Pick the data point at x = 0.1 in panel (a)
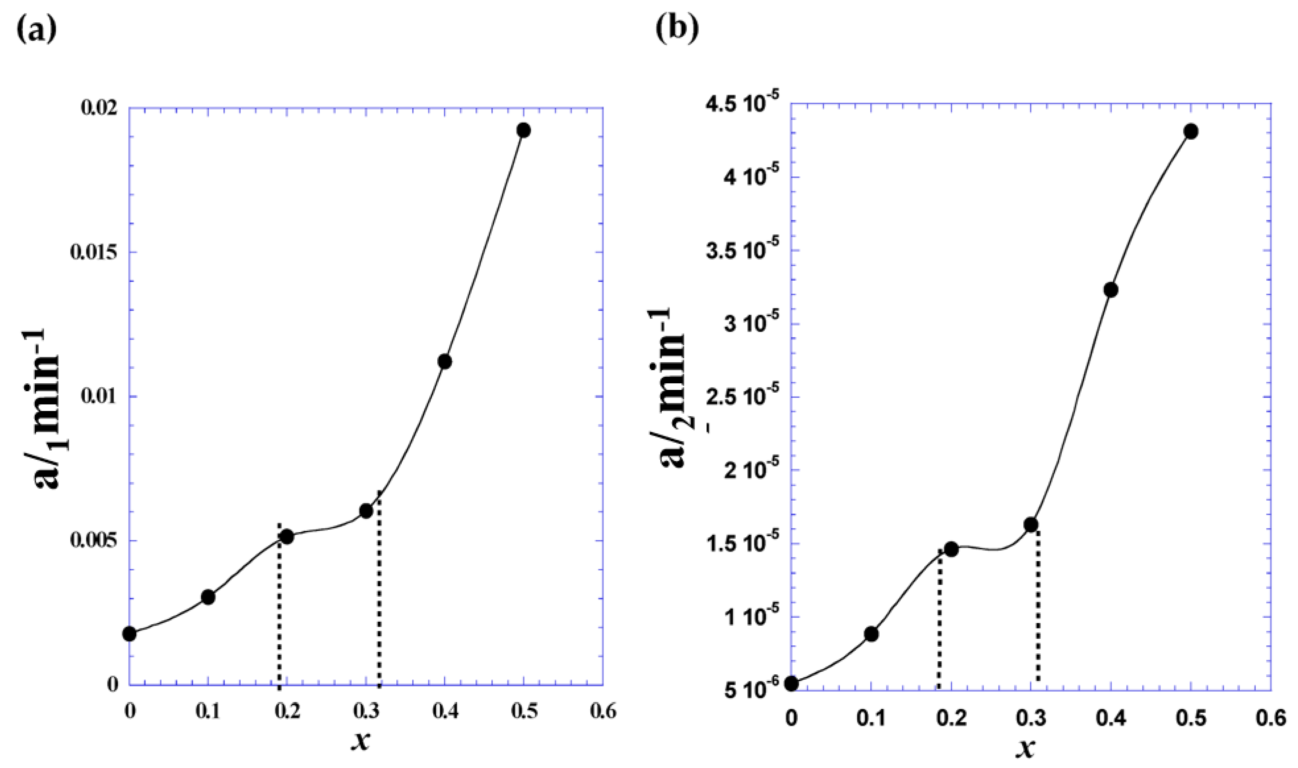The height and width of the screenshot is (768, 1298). click(x=208, y=597)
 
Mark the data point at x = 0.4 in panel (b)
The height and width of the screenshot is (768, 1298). click(x=1111, y=290)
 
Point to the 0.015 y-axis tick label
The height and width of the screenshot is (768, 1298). click(x=92, y=252)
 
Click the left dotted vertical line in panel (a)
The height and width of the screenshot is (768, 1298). click(x=280, y=621)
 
